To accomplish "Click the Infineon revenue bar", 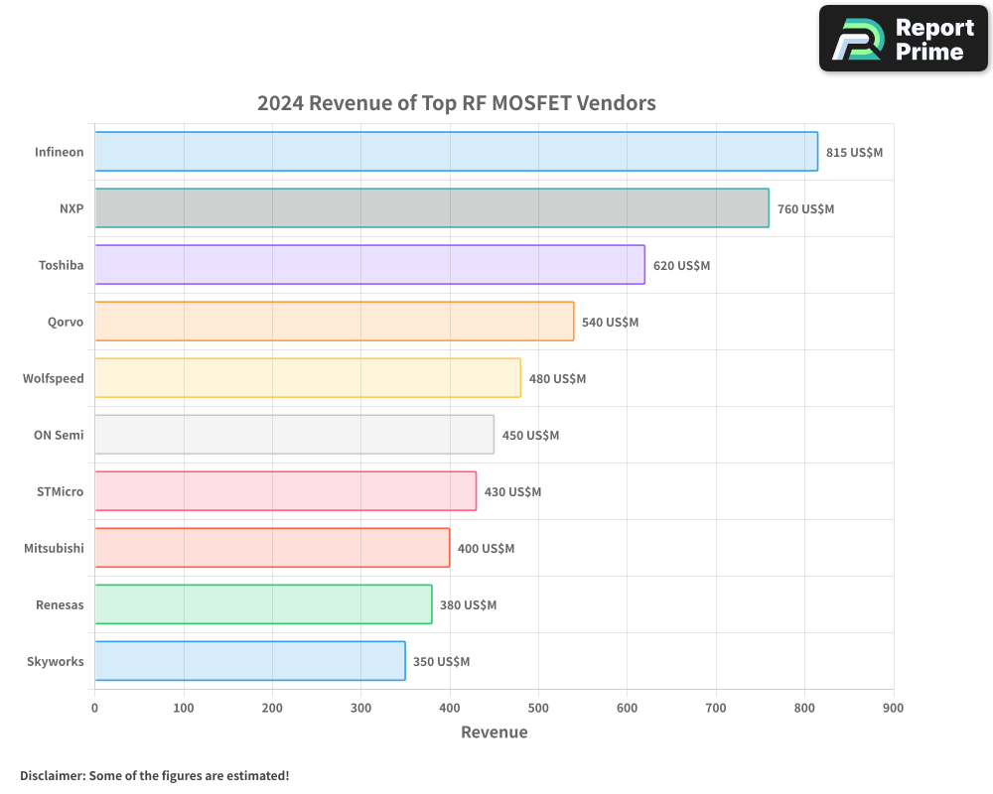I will point(456,152).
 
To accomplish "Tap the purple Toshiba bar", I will point(369,265).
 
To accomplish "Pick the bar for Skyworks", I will point(249,661).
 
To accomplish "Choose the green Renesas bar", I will point(263,604).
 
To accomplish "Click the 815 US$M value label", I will point(854,153).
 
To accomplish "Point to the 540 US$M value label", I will point(610,323).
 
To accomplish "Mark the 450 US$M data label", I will point(530,436).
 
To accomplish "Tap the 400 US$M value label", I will point(486,549).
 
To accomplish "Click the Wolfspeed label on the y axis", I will point(54,379).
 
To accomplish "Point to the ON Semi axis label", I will point(59,436).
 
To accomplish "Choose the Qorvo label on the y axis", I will point(66,323).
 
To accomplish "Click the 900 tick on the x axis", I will point(893,708).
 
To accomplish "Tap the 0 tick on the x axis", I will point(95,708).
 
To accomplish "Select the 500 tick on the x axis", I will point(538,708).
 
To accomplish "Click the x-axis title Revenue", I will point(495,732).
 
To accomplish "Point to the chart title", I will point(456,103).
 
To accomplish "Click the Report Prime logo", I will point(903,39).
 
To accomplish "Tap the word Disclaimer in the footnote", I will point(52,776).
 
